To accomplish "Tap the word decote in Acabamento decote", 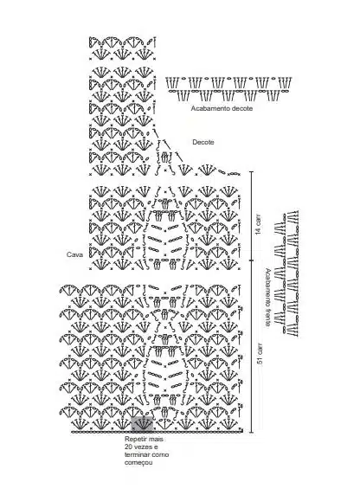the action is pos(242,108).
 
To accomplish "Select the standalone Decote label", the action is pos(203,142).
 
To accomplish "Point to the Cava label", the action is pos(74,254).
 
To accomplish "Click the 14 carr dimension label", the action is pos(258,224).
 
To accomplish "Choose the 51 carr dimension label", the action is pos(260,354).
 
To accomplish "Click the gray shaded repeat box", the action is pos(142,424).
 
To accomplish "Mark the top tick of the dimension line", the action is pos(252,171).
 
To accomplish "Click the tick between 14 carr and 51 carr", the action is pos(252,260).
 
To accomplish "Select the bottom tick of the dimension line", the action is pos(252,432).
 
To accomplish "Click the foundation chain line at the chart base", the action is pos(157,432).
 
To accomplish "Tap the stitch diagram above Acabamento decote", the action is pos(229,89).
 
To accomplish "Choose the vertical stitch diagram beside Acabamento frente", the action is pos(286,273).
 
